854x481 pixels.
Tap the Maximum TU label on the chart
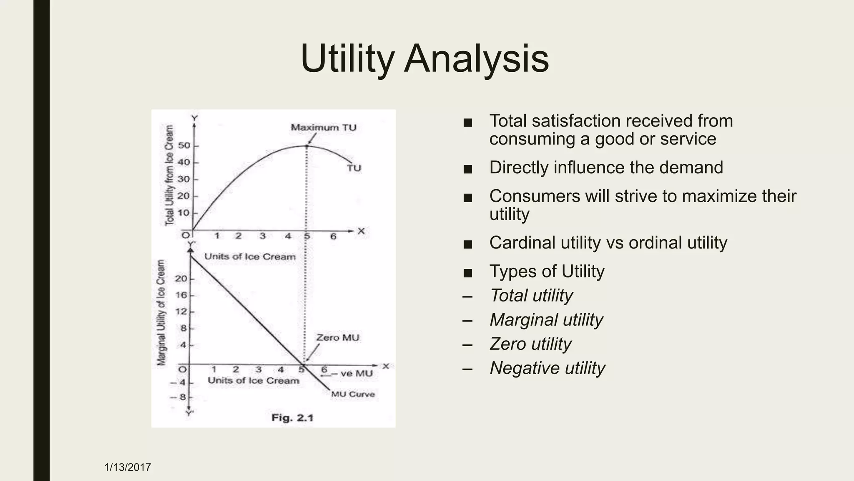point(324,127)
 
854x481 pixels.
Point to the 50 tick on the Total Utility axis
point(184,146)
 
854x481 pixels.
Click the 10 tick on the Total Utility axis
point(184,213)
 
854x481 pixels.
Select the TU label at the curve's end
point(354,168)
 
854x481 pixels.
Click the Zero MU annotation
point(337,337)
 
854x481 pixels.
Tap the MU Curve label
point(353,394)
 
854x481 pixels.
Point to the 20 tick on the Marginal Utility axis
point(181,278)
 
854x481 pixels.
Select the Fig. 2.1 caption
point(292,418)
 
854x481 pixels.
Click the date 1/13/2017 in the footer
point(128,467)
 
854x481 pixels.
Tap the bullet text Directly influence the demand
point(606,167)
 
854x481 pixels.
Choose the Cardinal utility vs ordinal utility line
point(608,243)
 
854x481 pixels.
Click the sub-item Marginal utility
point(546,320)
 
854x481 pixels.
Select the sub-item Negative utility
point(547,368)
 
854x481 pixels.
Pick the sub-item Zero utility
point(530,344)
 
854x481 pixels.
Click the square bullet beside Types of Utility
point(468,273)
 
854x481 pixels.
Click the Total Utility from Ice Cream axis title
point(169,175)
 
